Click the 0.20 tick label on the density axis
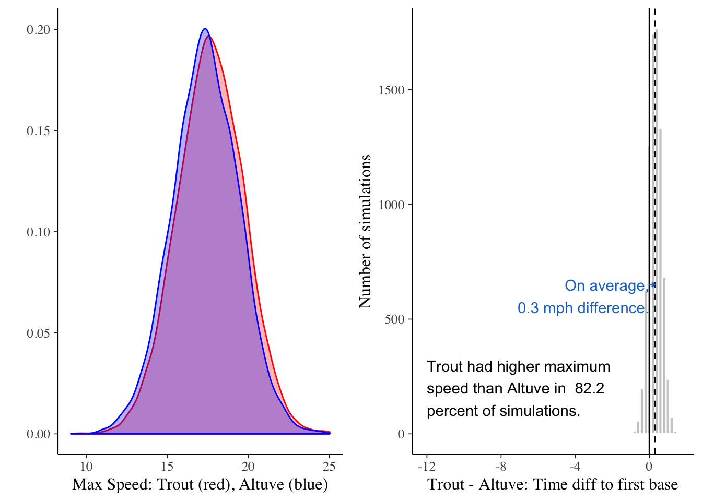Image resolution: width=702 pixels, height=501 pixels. [x=38, y=30]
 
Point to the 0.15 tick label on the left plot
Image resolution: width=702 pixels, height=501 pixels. [x=38, y=130]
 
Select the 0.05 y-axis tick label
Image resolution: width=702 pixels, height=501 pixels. [x=38, y=333]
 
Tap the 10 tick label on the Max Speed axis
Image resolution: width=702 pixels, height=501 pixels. [x=86, y=467]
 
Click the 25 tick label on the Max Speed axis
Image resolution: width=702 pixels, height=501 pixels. [x=329, y=467]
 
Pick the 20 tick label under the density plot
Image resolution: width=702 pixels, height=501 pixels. [x=248, y=467]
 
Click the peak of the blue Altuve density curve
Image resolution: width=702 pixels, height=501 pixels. [x=205, y=29]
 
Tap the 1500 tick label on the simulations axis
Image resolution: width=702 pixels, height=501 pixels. [x=392, y=90]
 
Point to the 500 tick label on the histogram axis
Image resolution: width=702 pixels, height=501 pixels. [x=395, y=319]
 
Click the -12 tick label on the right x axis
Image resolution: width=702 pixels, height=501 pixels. [x=426, y=467]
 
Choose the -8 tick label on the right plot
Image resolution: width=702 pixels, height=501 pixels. [x=500, y=467]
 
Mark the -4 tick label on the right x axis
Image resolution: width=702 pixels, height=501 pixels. [x=575, y=467]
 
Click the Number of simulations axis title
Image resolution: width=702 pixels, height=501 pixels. [x=365, y=231]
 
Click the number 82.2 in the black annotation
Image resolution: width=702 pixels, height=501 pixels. [x=589, y=389]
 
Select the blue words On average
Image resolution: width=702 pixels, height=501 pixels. [x=605, y=286]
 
